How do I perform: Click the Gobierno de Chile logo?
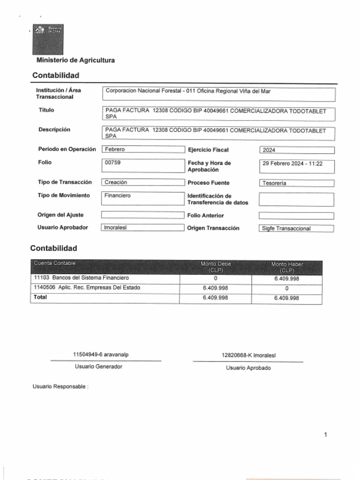pyautogui.click(x=48, y=39)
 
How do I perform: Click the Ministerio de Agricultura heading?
pyautogui.click(x=75, y=60)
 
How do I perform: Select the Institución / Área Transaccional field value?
pyautogui.click(x=218, y=94)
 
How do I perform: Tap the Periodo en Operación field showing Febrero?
pyautogui.click(x=143, y=150)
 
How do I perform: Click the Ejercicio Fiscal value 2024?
pyautogui.click(x=296, y=150)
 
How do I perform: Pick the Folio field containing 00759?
pyautogui.click(x=143, y=165)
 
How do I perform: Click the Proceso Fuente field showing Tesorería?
pyautogui.click(x=296, y=183)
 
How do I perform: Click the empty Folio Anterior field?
pyautogui.click(x=296, y=216)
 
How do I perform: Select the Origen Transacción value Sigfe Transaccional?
pyautogui.click(x=296, y=229)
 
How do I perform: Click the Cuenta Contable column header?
pyautogui.click(x=55, y=263)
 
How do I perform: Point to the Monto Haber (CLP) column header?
pyautogui.click(x=287, y=267)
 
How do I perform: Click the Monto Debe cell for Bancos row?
pyautogui.click(x=215, y=278)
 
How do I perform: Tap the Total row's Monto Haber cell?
pyautogui.click(x=286, y=298)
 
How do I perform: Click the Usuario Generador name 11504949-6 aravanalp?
pyautogui.click(x=101, y=355)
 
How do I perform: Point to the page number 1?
pyautogui.click(x=325, y=435)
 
